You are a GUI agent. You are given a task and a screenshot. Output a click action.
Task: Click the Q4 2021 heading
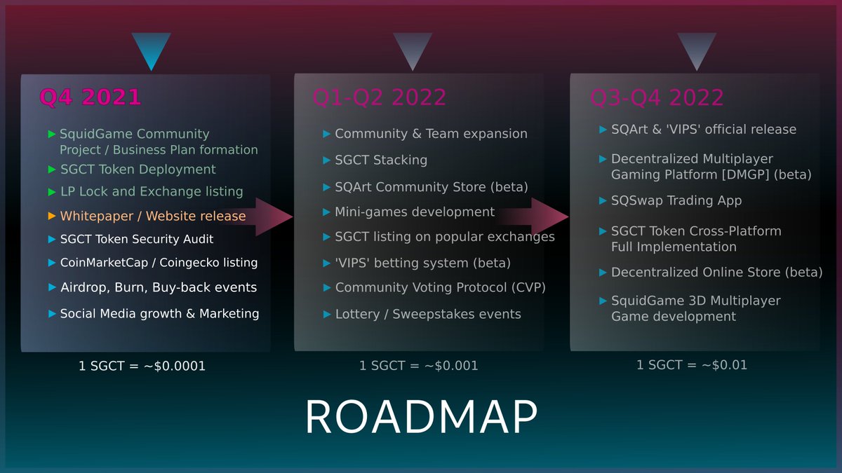(x=91, y=97)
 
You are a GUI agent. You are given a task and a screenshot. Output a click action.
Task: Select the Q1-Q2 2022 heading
(x=379, y=97)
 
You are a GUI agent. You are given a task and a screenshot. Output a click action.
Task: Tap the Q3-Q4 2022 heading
(x=657, y=97)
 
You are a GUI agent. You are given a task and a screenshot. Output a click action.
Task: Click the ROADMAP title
(x=421, y=418)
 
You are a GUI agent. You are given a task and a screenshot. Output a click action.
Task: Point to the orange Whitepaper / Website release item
(x=153, y=216)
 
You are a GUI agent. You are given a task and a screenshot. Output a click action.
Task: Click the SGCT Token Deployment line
(x=138, y=170)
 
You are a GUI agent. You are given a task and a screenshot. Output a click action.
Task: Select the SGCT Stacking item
(x=381, y=160)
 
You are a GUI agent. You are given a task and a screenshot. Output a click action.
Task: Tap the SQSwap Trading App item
(x=676, y=201)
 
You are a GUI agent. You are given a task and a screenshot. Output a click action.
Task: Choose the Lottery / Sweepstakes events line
(x=428, y=314)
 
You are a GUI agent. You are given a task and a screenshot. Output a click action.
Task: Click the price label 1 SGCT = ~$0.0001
(x=142, y=366)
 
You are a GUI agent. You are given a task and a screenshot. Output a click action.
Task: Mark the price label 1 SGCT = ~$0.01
(x=692, y=365)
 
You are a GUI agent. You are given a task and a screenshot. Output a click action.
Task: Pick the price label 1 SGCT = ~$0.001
(x=418, y=366)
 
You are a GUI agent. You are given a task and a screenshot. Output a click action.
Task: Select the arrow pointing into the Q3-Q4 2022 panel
(x=547, y=217)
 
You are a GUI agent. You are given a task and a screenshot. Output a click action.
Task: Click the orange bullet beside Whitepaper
(x=51, y=216)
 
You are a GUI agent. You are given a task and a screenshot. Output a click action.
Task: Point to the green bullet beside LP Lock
(x=51, y=191)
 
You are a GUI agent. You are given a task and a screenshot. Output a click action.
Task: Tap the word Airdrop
(x=80, y=287)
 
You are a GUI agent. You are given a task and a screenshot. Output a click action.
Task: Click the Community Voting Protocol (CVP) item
(x=440, y=288)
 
